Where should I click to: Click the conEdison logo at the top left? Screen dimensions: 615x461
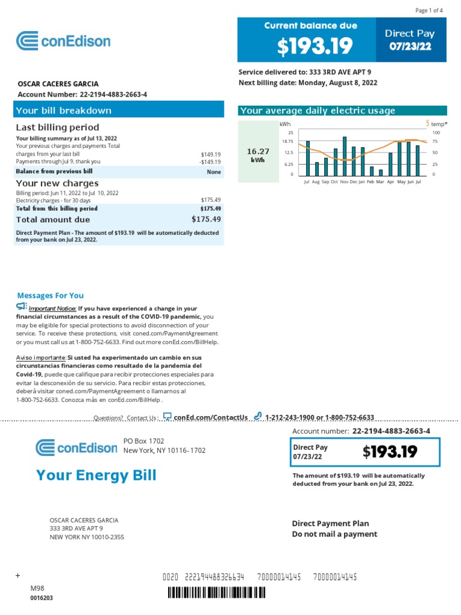(63, 41)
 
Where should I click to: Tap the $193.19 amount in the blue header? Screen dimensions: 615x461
(306, 46)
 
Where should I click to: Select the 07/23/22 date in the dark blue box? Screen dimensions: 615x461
(410, 46)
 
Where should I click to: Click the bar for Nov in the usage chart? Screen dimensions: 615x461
(344, 156)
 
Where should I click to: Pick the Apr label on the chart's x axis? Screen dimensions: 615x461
(390, 181)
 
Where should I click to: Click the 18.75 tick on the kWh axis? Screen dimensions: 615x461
(288, 142)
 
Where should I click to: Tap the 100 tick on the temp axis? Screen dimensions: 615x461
(436, 132)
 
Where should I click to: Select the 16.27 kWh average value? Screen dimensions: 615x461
(258, 153)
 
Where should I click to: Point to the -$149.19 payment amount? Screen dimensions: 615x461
(210, 162)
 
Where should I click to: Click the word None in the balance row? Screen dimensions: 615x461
(214, 172)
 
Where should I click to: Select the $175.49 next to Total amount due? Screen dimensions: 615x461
(206, 219)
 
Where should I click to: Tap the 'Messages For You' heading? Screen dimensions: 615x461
(50, 295)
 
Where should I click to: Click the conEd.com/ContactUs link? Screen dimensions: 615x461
(210, 417)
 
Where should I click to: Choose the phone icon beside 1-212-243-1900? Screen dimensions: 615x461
(258, 416)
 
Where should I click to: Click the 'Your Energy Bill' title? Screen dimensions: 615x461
(96, 476)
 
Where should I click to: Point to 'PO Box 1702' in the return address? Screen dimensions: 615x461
(143, 440)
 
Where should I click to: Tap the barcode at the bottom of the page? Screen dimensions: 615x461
(216, 593)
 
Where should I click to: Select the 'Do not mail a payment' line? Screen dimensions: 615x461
(334, 534)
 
